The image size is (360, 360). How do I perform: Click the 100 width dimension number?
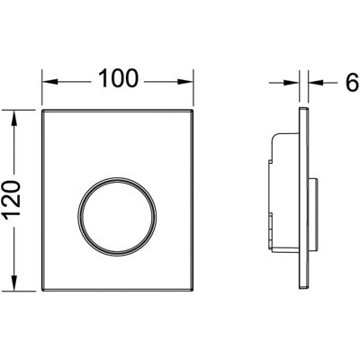[x=119, y=78]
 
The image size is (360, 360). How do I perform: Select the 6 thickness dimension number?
[x=352, y=82]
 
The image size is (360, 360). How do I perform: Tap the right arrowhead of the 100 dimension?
[x=185, y=82]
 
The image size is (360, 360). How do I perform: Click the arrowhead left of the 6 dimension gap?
[x=292, y=82]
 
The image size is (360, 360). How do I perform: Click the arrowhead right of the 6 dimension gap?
[x=316, y=82]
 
